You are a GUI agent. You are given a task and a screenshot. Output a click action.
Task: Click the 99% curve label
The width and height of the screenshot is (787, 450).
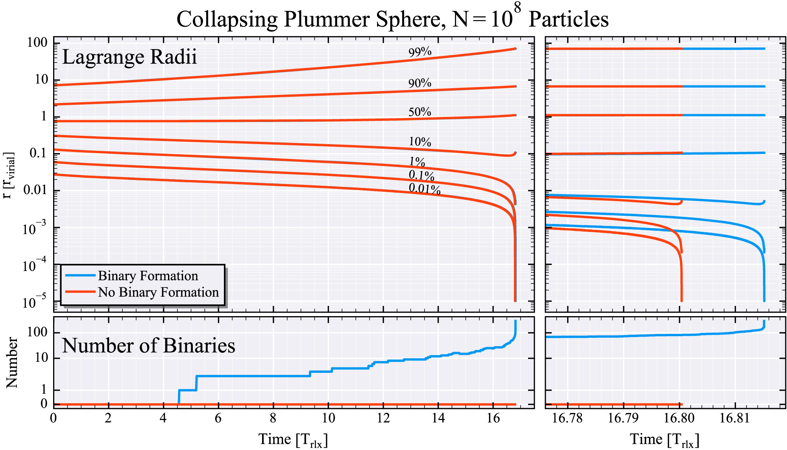click(x=420, y=52)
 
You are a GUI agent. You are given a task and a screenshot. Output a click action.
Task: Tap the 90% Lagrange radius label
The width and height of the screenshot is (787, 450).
click(x=419, y=83)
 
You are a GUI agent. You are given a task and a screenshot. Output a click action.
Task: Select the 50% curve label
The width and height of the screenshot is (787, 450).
click(x=419, y=112)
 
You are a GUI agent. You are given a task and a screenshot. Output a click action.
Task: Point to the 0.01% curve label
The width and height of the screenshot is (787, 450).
click(x=424, y=189)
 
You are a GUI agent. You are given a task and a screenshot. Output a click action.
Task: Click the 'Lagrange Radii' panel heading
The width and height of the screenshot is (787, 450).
click(x=129, y=57)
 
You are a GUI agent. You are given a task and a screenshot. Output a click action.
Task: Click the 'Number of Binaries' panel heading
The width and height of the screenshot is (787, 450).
click(x=148, y=346)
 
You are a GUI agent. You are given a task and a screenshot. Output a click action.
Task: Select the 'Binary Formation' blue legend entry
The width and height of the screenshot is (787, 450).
click(x=148, y=276)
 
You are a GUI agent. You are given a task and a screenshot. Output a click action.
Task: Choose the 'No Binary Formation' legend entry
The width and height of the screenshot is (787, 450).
click(x=158, y=292)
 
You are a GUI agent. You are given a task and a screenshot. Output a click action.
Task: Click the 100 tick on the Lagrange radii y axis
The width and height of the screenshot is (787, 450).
click(x=37, y=43)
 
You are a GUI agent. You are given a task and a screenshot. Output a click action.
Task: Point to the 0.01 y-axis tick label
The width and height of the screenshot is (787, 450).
click(x=35, y=190)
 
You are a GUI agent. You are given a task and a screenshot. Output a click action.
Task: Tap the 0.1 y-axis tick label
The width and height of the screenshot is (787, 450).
click(x=39, y=153)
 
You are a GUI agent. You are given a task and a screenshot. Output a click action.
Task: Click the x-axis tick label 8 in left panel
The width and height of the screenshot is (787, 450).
click(x=273, y=418)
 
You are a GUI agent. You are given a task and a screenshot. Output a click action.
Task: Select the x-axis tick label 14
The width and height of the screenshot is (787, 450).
click(x=438, y=418)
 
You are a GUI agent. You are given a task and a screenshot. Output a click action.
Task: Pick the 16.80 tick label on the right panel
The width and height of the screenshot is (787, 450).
click(x=679, y=418)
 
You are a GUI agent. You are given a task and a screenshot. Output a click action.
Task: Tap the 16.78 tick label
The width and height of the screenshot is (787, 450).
click(x=567, y=418)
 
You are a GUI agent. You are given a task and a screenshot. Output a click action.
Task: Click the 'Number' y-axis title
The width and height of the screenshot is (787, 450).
click(x=12, y=363)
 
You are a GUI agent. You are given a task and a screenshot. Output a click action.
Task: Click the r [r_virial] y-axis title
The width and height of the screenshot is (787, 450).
click(x=9, y=175)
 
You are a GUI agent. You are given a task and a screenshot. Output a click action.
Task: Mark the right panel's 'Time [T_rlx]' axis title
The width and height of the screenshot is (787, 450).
click(x=665, y=439)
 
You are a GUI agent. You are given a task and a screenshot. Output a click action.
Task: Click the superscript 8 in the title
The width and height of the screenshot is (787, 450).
click(x=517, y=7)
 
